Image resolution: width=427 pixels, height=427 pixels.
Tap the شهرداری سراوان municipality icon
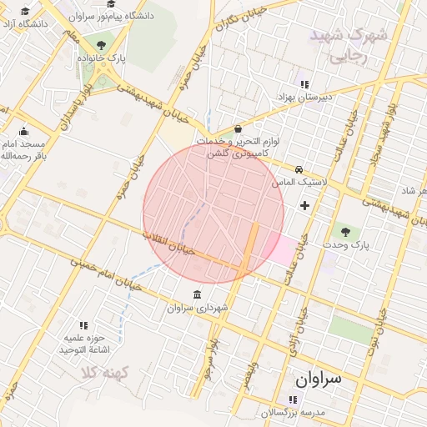coord(196,296)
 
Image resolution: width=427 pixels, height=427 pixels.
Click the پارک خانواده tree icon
coord(102,45)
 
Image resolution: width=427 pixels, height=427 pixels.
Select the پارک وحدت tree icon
coord(345,231)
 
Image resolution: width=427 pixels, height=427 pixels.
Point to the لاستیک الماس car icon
coord(299,168)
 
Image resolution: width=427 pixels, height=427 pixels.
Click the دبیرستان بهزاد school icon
coord(304,84)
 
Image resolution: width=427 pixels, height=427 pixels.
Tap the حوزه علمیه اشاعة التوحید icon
coord(83,325)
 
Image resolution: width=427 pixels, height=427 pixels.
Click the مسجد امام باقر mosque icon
coord(23,131)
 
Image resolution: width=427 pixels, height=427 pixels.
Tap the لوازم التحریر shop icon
coord(239,129)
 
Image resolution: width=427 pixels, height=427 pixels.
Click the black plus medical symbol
coord(304,204)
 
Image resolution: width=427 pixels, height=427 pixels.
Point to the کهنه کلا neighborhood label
coord(103,373)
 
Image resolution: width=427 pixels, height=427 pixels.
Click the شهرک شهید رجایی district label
coord(349,46)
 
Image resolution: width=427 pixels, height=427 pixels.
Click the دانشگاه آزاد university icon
coord(24,12)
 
